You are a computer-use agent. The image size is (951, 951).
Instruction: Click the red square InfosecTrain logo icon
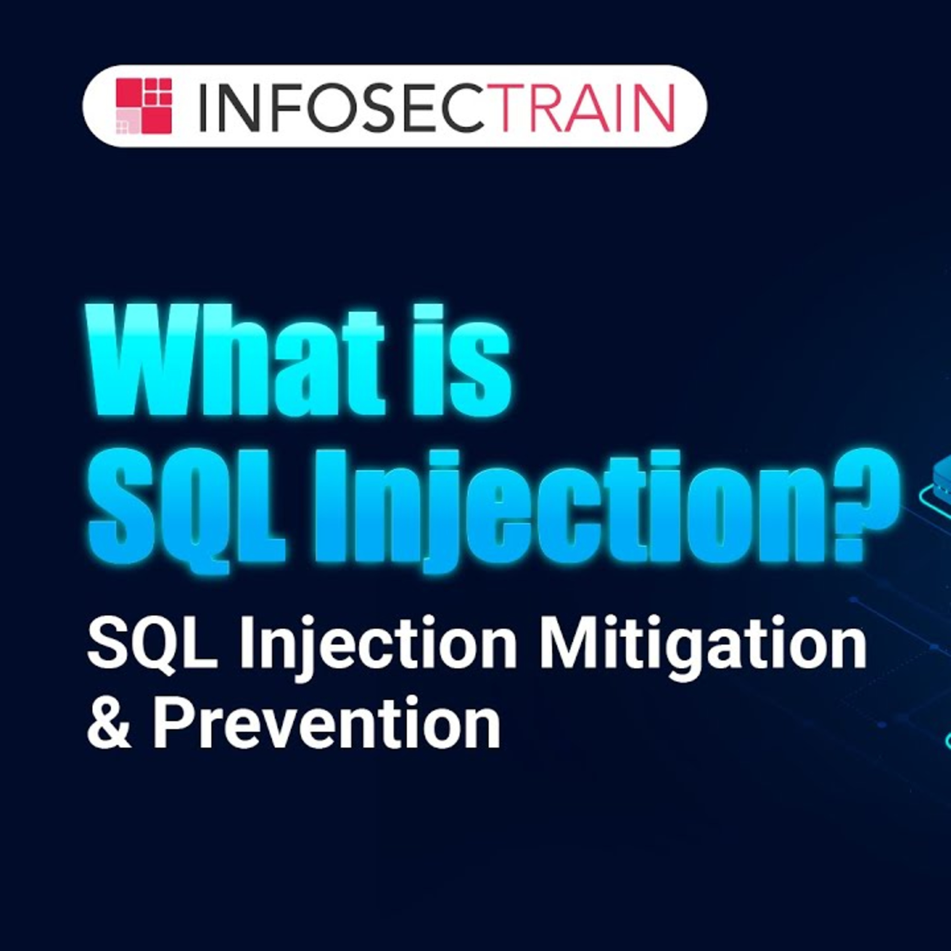coord(144,106)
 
